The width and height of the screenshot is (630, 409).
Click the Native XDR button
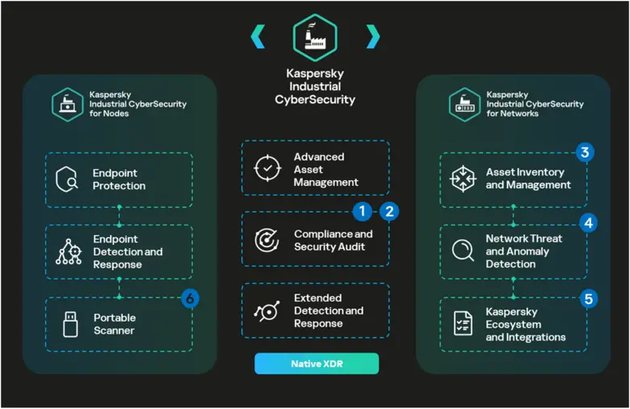pyautogui.click(x=317, y=364)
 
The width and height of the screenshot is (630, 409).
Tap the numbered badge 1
pyautogui.click(x=362, y=212)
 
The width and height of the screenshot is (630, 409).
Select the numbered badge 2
pyautogui.click(x=389, y=212)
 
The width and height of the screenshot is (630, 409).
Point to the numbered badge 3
pyautogui.click(x=585, y=153)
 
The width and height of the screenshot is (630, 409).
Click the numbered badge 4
pyautogui.click(x=588, y=222)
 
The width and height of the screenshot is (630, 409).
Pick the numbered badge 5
pyautogui.click(x=588, y=299)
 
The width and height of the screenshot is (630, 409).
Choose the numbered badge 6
pyautogui.click(x=190, y=298)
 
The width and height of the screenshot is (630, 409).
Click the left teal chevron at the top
pyautogui.click(x=258, y=36)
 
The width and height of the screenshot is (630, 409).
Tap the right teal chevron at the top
pyautogui.click(x=372, y=36)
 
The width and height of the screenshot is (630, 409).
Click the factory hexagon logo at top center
pyautogui.click(x=315, y=37)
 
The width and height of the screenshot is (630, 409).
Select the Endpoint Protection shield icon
pyautogui.click(x=67, y=179)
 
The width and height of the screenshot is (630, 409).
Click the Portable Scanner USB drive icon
pyautogui.click(x=69, y=324)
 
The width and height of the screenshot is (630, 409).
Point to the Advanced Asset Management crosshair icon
pyautogui.click(x=265, y=168)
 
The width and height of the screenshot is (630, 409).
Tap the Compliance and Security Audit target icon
pyautogui.click(x=266, y=240)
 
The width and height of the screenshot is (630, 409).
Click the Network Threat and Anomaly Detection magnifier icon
pyautogui.click(x=463, y=251)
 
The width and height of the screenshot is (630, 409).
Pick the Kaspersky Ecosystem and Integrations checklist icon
pyautogui.click(x=463, y=323)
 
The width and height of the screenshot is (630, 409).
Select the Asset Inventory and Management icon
pyautogui.click(x=463, y=179)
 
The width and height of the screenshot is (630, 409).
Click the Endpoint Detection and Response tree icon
pyautogui.click(x=69, y=251)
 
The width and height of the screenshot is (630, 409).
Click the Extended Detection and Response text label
pyautogui.click(x=328, y=311)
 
